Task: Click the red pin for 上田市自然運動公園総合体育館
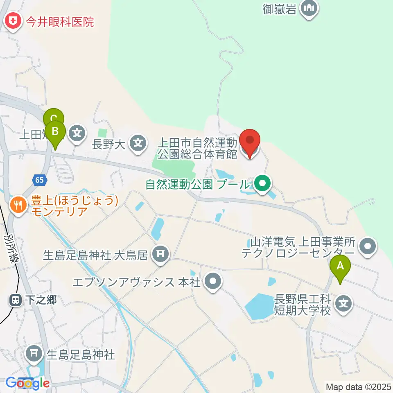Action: coord(249,142)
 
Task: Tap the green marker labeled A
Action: coord(340,267)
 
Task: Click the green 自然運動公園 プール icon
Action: coord(262,183)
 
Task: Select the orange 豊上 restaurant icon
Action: coord(18,203)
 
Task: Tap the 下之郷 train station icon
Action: coord(16,300)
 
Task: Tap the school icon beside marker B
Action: coord(77,133)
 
